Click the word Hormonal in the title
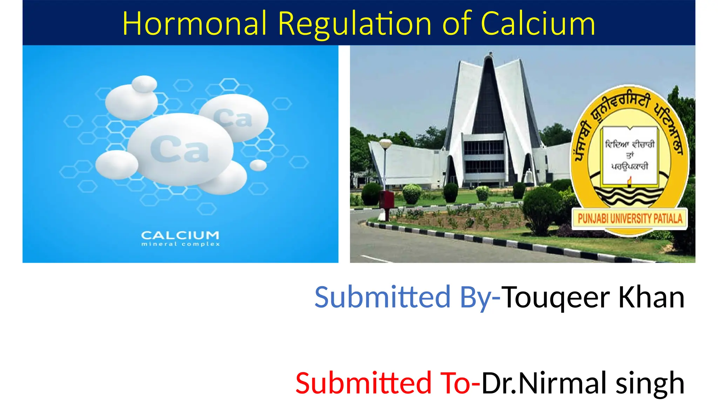[x=195, y=24]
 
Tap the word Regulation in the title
[x=354, y=24]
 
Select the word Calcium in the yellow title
[x=538, y=24]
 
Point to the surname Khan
[x=651, y=297]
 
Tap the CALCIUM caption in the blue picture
[x=180, y=235]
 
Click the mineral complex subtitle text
[x=180, y=244]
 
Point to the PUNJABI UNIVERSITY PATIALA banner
[x=630, y=219]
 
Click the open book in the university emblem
[x=630, y=156]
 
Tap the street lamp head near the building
[x=386, y=144]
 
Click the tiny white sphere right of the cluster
[x=258, y=165]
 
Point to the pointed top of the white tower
[x=489, y=56]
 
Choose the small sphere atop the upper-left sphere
[x=144, y=84]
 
